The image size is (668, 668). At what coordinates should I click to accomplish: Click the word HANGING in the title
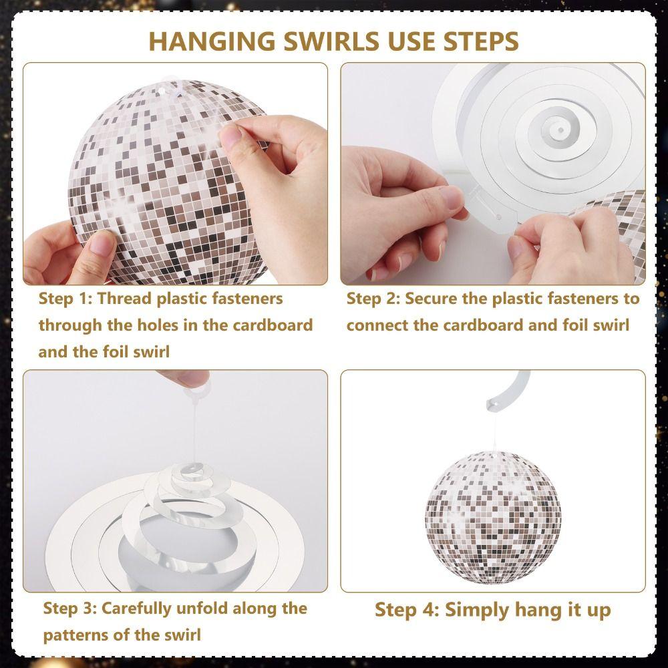click(212, 41)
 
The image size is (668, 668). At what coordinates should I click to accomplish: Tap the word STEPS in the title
click(481, 41)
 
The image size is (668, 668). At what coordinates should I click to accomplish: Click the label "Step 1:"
click(65, 299)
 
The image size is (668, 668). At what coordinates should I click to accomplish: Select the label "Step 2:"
click(373, 299)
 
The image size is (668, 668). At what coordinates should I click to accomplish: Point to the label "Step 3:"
click(70, 608)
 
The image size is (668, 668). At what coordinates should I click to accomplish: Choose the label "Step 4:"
click(406, 610)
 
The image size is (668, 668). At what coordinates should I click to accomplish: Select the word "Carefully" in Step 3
click(136, 609)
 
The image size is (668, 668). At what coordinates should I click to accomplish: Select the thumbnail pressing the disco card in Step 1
click(230, 138)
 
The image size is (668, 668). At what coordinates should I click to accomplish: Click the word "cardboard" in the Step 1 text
click(273, 325)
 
